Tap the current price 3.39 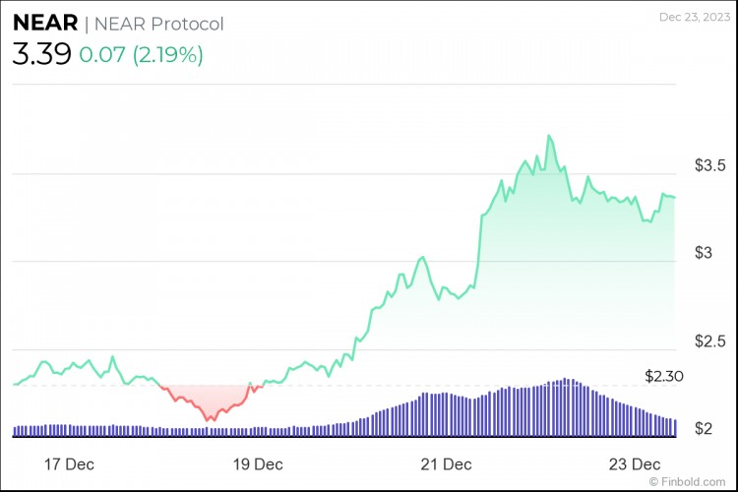(x=41, y=54)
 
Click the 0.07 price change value (x=103, y=55)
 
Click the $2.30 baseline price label (x=664, y=376)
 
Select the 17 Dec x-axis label (x=69, y=463)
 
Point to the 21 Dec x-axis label (x=445, y=463)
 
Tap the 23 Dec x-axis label (x=632, y=463)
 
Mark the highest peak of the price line (x=548, y=136)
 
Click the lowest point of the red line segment (x=209, y=420)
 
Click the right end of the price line (x=674, y=198)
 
